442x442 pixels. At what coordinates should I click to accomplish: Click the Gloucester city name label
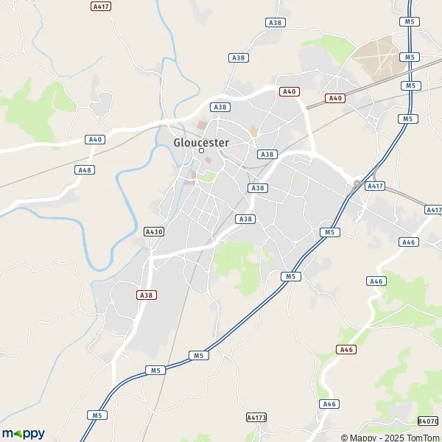[201, 142]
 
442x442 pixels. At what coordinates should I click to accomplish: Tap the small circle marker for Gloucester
[201, 152]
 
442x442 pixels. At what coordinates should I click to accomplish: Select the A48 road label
[85, 169]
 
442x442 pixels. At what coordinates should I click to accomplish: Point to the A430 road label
[153, 231]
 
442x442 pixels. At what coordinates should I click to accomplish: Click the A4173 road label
[256, 418]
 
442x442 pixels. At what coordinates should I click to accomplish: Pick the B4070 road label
[427, 421]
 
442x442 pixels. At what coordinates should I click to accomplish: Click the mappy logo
[23, 434]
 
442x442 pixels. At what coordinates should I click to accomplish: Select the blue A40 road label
[94, 139]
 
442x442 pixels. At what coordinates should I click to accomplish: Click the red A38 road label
[146, 294]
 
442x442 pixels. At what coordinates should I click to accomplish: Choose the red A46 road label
[345, 349]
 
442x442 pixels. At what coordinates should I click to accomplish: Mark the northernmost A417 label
[101, 6]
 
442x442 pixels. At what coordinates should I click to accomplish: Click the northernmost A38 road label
[276, 23]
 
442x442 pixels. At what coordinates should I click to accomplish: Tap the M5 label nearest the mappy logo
[97, 415]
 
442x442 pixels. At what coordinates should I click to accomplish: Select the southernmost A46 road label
[329, 404]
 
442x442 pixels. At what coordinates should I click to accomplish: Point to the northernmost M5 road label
[410, 22]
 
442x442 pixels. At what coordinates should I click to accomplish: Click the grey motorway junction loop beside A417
[357, 183]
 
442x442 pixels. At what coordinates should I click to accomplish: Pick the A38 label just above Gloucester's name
[220, 107]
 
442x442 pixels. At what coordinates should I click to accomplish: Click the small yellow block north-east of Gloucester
[253, 131]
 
